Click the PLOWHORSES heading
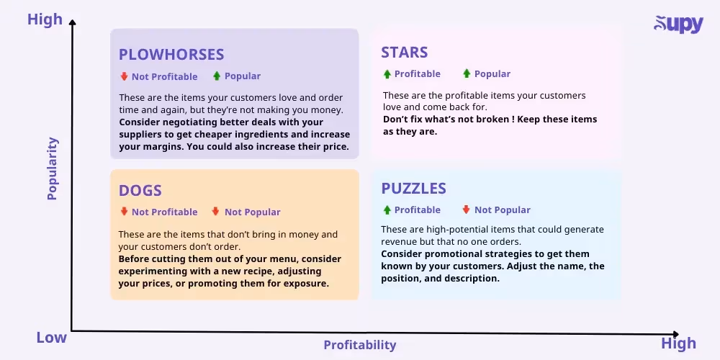[x=171, y=55]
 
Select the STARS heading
[x=404, y=53]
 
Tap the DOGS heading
[x=140, y=191]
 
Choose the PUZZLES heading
[x=413, y=189]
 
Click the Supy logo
[x=678, y=24]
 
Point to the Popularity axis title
[x=52, y=168]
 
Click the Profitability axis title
[x=360, y=345]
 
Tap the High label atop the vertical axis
[x=45, y=19]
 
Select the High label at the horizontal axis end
[x=678, y=343]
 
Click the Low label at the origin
[x=51, y=338]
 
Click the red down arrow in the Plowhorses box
[x=124, y=76]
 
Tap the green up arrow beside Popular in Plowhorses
[x=217, y=76]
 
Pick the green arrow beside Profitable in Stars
[x=387, y=74]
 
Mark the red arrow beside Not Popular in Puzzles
[x=466, y=210]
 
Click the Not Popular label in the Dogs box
[x=252, y=212]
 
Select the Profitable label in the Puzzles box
[x=417, y=210]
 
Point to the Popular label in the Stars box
[x=492, y=74]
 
